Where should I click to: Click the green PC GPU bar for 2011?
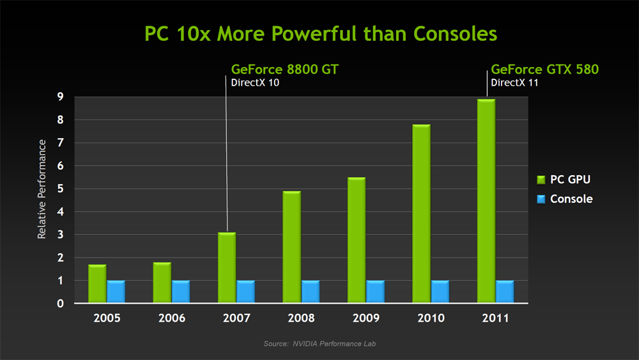point(486,201)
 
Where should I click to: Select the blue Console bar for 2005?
point(116,292)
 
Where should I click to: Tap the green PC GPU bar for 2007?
point(227,268)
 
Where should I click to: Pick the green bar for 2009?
point(357,240)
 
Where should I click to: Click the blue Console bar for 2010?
point(440,292)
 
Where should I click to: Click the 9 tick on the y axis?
point(60,97)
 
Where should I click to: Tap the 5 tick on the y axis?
point(60,189)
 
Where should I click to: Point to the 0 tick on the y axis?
point(60,304)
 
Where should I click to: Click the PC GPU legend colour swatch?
point(541,179)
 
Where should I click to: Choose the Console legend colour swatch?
point(541,199)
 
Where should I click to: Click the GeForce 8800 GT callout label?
point(284,69)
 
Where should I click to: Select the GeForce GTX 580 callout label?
point(544,69)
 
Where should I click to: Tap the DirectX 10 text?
point(255,82)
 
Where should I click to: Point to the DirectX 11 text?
point(514,82)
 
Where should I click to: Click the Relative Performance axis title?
point(42,189)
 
